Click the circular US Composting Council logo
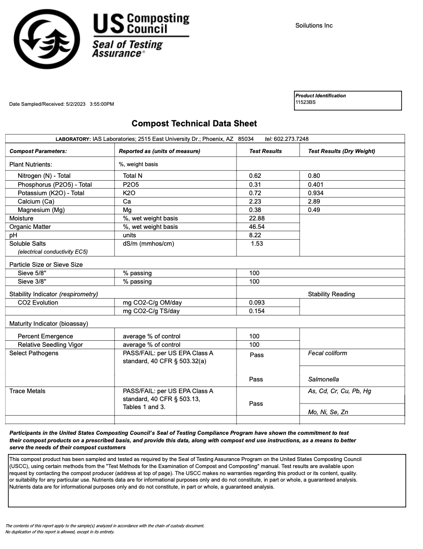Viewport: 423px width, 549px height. click(x=47, y=39)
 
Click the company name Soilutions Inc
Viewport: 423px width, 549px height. click(x=314, y=26)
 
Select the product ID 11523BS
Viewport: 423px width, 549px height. click(x=306, y=102)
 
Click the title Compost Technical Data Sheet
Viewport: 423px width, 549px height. click(x=194, y=124)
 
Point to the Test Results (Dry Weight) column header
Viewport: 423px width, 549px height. click(x=341, y=151)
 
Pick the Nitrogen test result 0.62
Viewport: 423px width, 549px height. click(x=255, y=176)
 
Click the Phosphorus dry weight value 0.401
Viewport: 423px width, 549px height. click(x=315, y=184)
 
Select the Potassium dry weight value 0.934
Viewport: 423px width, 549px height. click(x=315, y=193)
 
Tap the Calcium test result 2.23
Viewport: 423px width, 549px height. click(x=255, y=201)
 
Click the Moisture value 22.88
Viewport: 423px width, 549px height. click(x=257, y=219)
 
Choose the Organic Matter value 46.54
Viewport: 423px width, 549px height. click(x=257, y=227)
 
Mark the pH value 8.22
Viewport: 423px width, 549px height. click(x=255, y=235)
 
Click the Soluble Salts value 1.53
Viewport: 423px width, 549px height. click(x=257, y=244)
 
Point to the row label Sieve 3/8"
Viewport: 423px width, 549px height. click(x=32, y=282)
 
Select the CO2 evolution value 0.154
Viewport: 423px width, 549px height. click(x=257, y=311)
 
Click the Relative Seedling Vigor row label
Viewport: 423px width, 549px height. click(x=50, y=345)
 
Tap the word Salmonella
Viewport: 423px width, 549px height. click(x=323, y=379)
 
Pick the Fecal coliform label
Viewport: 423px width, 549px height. click(x=327, y=353)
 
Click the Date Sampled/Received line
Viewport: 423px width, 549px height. click(x=62, y=104)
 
